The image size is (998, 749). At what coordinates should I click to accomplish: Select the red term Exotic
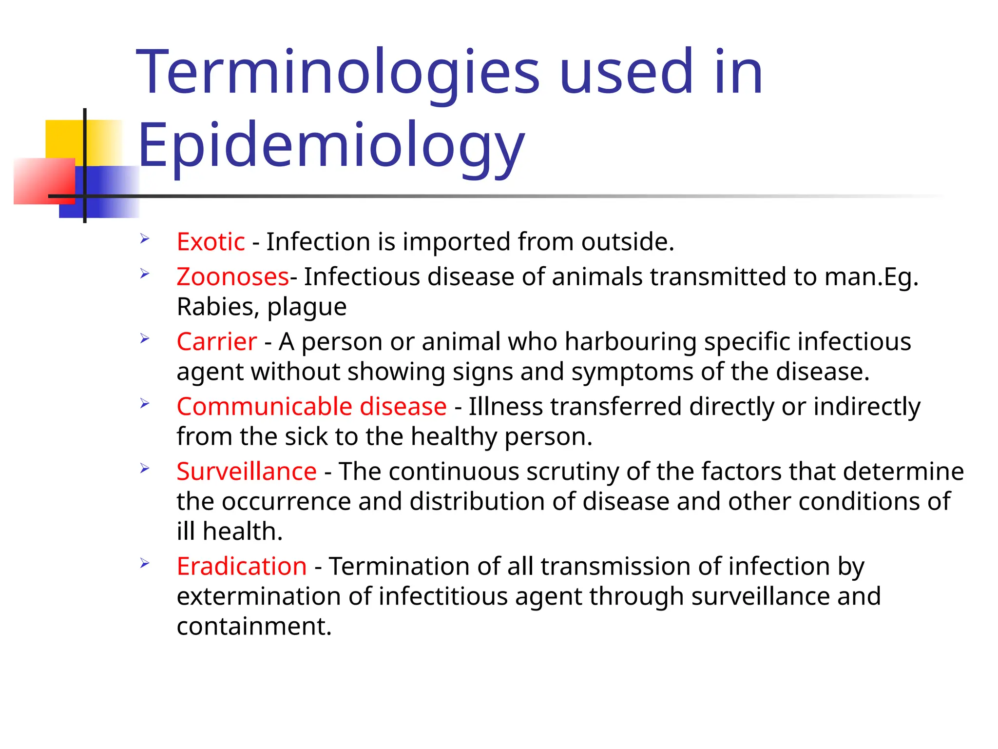click(x=211, y=241)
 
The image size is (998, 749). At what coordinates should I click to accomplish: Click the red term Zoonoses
click(x=232, y=276)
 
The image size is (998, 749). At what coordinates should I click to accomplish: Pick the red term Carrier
click(x=216, y=341)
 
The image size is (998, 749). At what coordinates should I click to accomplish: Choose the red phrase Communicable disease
click(x=311, y=406)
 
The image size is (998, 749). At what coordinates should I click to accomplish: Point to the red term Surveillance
click(x=247, y=472)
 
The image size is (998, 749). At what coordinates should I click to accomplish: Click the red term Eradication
click(x=242, y=566)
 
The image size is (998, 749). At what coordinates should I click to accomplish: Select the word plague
click(x=307, y=308)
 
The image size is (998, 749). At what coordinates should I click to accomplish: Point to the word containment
click(x=253, y=626)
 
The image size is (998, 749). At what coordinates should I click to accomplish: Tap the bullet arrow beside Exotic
click(x=145, y=239)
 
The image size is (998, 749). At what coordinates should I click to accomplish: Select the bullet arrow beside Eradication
click(x=145, y=564)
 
